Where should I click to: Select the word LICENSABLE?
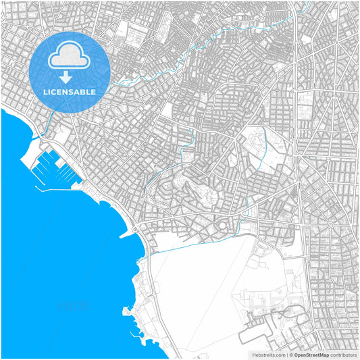pyautogui.click(x=70, y=91)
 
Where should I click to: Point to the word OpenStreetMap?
pyautogui.click(x=311, y=354)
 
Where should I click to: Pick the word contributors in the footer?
pyautogui.click(x=344, y=354)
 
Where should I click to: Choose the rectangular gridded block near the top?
pyautogui.click(x=132, y=32)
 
